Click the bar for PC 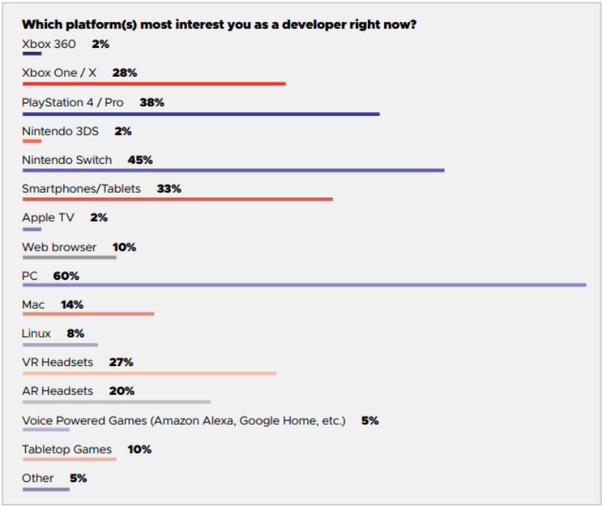coord(304,284)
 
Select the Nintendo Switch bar coord(233,170)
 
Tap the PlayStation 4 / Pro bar coord(201,114)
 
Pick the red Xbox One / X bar coord(154,84)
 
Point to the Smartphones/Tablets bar coord(177,199)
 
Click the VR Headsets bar coord(149,373)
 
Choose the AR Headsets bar coord(116,401)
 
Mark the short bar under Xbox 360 coord(31,54)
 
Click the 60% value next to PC coord(66,276)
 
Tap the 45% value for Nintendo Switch coord(140,160)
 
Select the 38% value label coord(151,103)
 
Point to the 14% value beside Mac coord(71,305)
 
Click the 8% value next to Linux coord(75,333)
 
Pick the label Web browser coord(59,247)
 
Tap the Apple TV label coord(48,218)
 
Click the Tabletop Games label coord(67,449)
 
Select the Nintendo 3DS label coord(60,131)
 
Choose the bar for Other coord(45,489)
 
